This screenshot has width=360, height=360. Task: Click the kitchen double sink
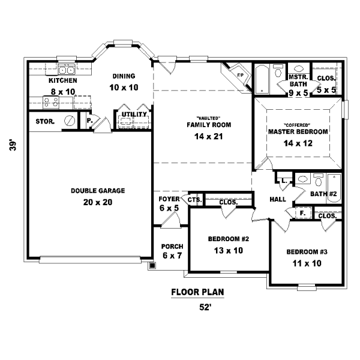67,70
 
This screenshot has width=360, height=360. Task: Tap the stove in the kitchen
51,103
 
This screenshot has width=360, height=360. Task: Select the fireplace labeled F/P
239,76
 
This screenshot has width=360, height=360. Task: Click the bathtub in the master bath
262,79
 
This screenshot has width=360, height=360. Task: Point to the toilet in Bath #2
318,180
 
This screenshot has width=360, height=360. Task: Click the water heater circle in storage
70,121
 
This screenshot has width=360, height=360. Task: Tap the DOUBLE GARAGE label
98,191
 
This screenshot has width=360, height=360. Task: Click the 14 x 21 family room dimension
208,137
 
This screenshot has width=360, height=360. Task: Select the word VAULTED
208,118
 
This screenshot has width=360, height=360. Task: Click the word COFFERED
298,125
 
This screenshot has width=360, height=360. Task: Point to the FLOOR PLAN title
197,292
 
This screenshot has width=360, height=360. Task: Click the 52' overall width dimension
205,307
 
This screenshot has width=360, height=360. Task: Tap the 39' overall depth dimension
13,145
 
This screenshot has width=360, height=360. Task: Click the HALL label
278,199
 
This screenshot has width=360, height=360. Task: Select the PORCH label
172,247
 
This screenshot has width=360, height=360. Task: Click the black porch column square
152,266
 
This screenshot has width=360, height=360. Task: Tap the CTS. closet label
195,200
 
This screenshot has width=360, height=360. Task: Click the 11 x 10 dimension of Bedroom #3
307,263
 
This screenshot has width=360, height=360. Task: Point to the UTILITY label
134,114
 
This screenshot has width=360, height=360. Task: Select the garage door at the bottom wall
90,260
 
